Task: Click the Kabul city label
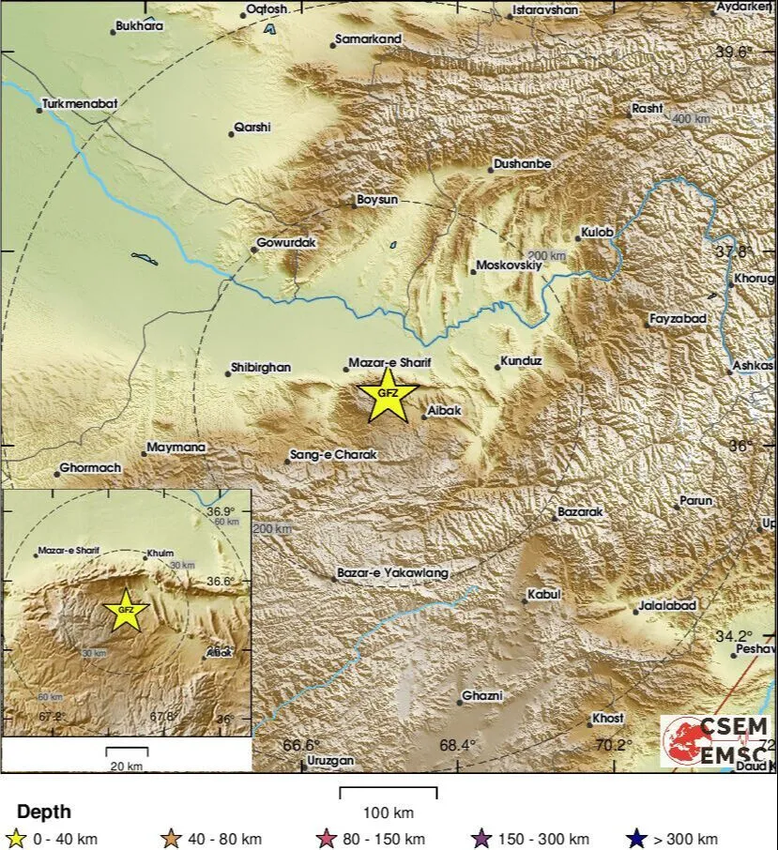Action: coord(544,594)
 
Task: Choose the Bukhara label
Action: coord(140,26)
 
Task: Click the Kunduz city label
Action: coord(522,360)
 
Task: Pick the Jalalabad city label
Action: coord(667,606)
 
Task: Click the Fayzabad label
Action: coord(679,320)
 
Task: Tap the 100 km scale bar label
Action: coord(388,812)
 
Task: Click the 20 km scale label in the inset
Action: coord(127,767)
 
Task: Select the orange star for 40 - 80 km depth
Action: coord(171,839)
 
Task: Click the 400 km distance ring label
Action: coord(692,119)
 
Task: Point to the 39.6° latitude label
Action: coord(735,53)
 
